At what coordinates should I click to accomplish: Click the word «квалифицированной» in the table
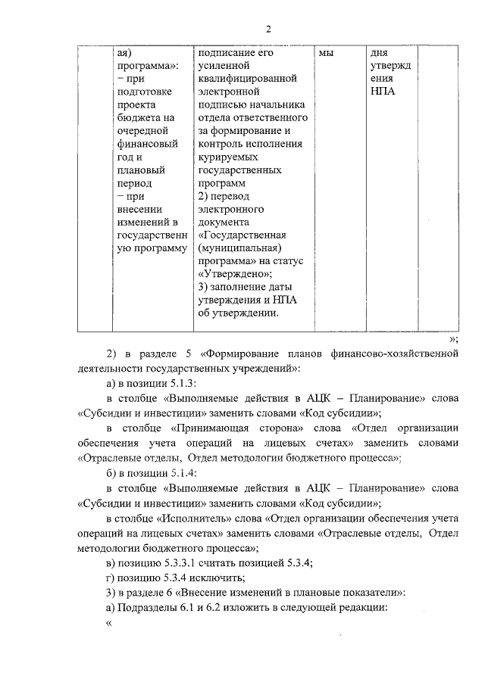click(246, 79)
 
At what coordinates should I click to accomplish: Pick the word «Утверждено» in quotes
click(235, 274)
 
